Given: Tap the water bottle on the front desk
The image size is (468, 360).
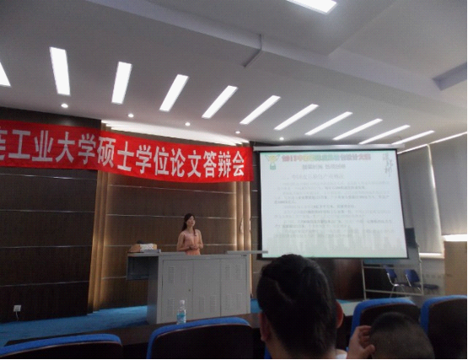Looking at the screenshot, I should coord(180,312).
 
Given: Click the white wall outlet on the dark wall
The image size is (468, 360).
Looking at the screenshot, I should coord(17,309).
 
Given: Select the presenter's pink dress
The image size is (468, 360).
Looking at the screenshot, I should coord(191,242).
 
